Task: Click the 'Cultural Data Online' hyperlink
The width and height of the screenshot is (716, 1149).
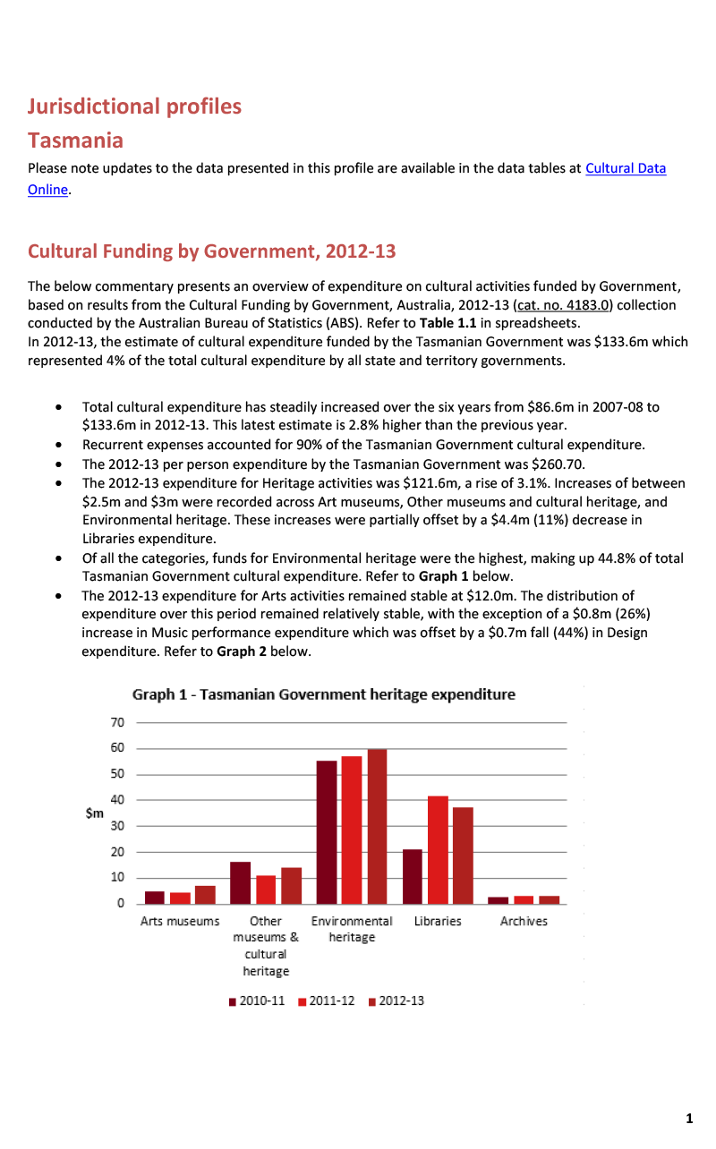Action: coord(625,168)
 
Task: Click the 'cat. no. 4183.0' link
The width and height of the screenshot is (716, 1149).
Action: coord(564,305)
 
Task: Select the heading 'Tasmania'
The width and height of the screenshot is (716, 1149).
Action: coord(75,140)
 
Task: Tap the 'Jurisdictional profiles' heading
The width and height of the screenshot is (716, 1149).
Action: coord(134,106)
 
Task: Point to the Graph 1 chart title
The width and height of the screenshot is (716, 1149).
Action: coord(323,694)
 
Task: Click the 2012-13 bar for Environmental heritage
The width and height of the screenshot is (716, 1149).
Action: coord(377,826)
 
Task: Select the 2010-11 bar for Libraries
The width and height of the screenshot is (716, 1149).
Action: coord(412,876)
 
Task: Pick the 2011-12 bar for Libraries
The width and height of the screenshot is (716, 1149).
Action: coord(438,849)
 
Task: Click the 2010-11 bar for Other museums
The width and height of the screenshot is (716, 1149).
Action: coord(240,882)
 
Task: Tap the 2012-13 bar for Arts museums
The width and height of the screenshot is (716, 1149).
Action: coord(205,894)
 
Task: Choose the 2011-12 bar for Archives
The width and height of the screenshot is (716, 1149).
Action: coord(524,899)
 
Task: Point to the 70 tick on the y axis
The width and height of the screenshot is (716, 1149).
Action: coord(117,722)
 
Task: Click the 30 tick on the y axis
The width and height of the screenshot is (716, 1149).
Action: coord(117,826)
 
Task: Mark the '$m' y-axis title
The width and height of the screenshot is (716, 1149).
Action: coord(94,813)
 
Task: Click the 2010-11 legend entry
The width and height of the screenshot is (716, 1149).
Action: coord(258,1000)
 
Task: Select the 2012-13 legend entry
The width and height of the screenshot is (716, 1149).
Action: coord(397,1000)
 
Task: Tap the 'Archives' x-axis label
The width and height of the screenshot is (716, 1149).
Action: coord(524,921)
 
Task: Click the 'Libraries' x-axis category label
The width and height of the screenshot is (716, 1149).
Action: coord(438,921)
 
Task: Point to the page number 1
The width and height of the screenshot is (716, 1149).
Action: coord(689,1118)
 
